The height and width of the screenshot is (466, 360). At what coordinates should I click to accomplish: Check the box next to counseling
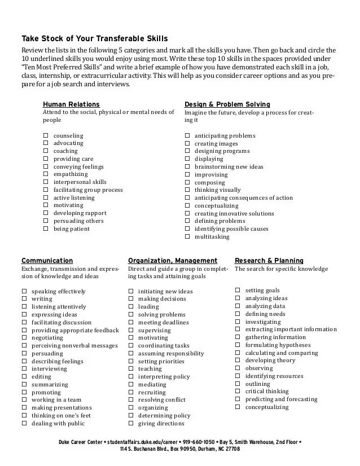tap(45, 135)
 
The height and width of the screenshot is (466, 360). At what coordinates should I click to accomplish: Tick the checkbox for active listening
tap(45, 198)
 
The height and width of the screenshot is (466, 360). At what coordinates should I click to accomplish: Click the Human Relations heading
tap(71, 104)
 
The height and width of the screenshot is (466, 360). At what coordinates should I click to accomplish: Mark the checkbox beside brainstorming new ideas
tap(187, 167)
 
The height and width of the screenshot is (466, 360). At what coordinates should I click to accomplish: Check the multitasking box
tap(187, 237)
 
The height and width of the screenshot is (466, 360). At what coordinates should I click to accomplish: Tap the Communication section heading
tap(47, 261)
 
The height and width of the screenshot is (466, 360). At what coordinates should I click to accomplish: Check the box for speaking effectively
tap(24, 292)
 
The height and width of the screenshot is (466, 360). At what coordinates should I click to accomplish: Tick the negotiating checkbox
tap(24, 338)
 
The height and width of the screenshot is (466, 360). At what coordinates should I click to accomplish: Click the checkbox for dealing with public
tap(24, 423)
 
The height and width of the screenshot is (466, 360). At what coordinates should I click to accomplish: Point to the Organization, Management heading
tap(173, 261)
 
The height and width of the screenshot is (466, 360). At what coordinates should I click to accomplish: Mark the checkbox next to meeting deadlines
tap(131, 323)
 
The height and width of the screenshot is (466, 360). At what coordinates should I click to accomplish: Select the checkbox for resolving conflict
tap(131, 400)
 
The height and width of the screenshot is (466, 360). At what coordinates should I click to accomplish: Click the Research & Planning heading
tap(269, 261)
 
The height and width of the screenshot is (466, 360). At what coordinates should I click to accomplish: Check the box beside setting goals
tap(238, 290)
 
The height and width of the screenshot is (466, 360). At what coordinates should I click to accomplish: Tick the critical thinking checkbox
tap(238, 391)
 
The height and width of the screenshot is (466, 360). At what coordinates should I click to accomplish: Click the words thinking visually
tap(217, 190)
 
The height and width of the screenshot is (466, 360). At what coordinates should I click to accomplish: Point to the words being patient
tap(72, 229)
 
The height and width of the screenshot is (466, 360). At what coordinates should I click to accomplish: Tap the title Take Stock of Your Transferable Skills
tap(95, 39)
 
